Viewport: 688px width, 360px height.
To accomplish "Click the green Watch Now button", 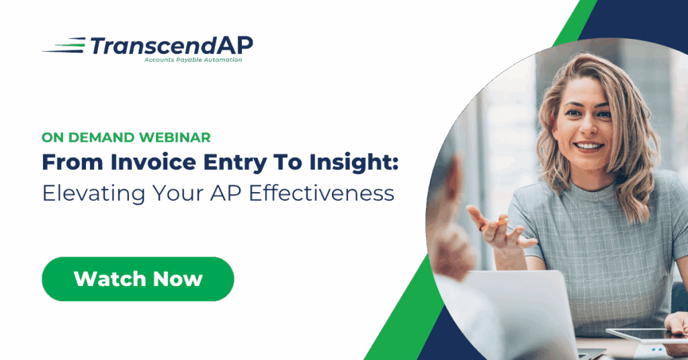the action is click(x=138, y=279).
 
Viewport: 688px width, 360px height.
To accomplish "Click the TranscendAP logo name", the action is click(x=171, y=46).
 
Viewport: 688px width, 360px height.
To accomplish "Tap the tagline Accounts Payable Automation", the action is click(x=193, y=60).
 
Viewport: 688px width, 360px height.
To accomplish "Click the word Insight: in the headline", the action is click(x=353, y=163).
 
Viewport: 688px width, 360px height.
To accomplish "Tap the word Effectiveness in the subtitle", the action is click(x=322, y=193).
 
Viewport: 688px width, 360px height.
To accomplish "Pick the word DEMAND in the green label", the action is click(x=101, y=137).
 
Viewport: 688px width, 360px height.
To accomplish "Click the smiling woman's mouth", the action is click(x=589, y=146).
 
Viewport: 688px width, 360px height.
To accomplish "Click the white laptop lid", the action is click(x=513, y=314).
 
